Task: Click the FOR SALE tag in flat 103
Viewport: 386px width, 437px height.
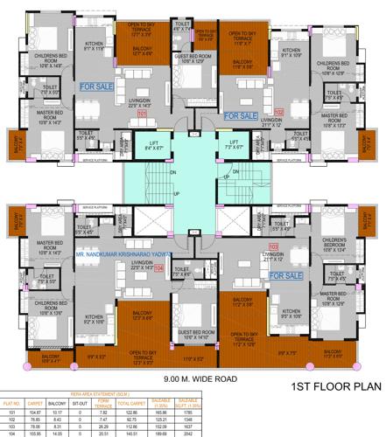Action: tap(287, 274)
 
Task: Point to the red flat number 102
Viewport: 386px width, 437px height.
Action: tap(278, 113)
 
